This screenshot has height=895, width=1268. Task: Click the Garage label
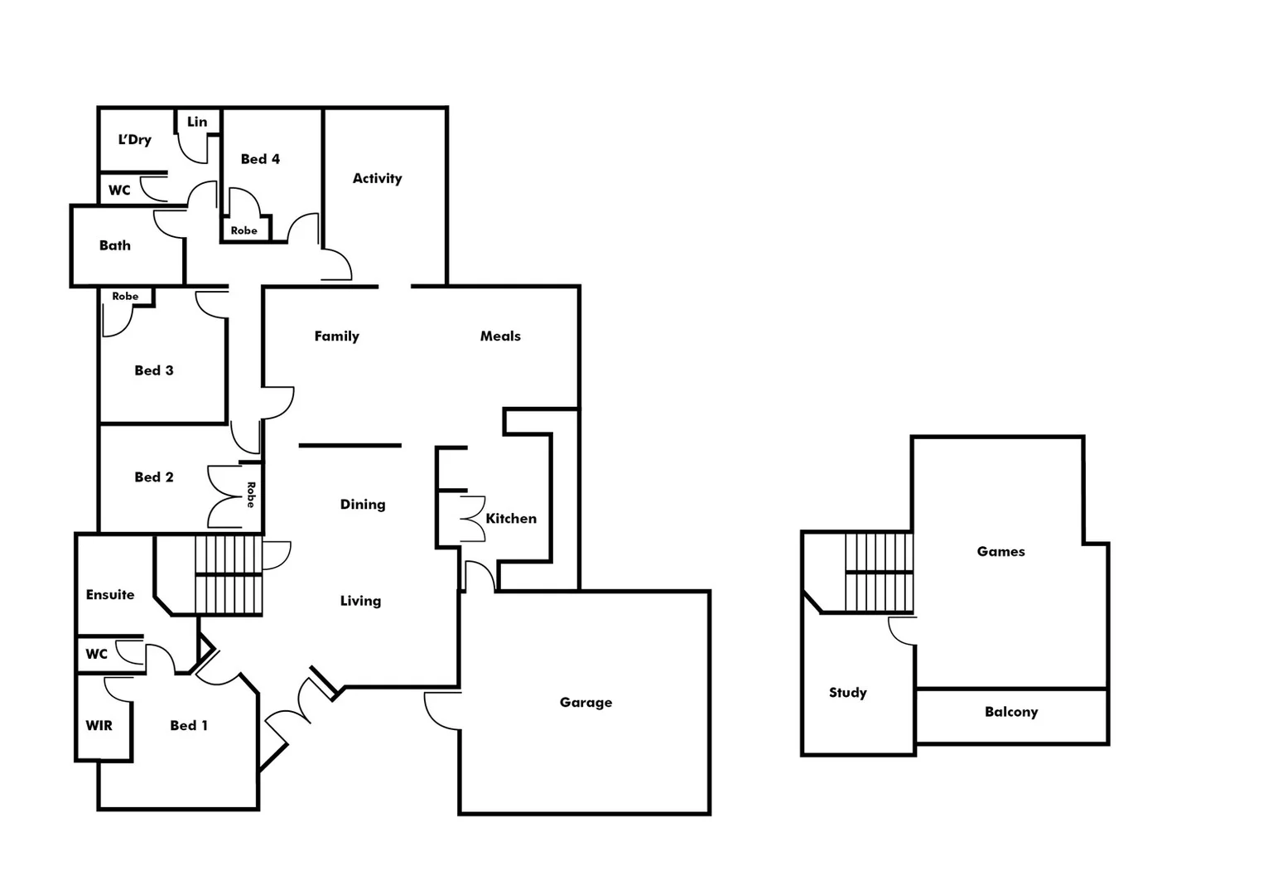click(586, 703)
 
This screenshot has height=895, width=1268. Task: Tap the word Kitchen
click(511, 519)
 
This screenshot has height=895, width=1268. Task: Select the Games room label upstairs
click(1000, 552)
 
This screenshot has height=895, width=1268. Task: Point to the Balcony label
click(1010, 712)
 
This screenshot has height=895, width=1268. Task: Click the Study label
click(847, 693)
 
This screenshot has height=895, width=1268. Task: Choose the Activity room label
click(377, 178)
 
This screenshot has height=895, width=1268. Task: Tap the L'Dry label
click(134, 139)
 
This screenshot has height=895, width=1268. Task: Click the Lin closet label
click(197, 122)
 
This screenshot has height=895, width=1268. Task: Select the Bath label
click(115, 245)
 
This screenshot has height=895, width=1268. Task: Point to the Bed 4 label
click(260, 159)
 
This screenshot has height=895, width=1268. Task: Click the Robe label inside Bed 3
click(125, 296)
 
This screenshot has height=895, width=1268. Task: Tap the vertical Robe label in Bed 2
click(250, 495)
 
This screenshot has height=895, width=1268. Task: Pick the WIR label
click(99, 726)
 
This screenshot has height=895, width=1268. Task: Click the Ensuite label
click(110, 595)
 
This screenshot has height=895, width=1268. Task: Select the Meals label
click(500, 336)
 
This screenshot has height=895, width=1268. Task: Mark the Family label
click(336, 336)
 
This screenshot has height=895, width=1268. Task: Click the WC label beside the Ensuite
click(96, 654)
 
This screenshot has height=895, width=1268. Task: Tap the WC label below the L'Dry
click(119, 191)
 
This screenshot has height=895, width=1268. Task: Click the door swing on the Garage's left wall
click(442, 711)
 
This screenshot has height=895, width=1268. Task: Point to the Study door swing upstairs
click(902, 631)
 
